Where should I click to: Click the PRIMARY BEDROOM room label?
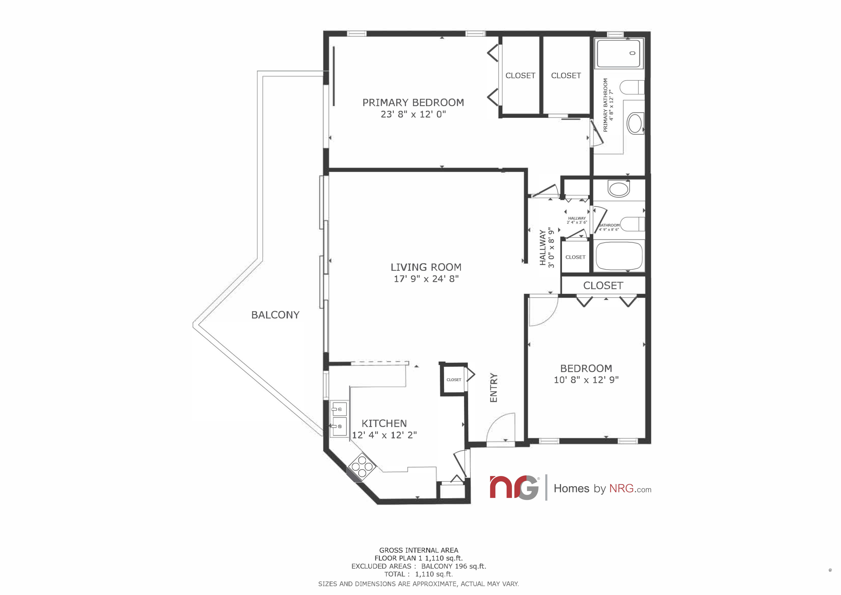pyautogui.click(x=413, y=102)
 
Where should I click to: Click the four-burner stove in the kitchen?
pyautogui.click(x=362, y=467)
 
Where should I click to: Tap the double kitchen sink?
pyautogui.click(x=339, y=418)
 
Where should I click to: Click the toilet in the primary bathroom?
pyautogui.click(x=632, y=88)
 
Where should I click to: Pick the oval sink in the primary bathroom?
pyautogui.click(x=635, y=123)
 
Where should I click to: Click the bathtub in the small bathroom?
pyautogui.click(x=619, y=256)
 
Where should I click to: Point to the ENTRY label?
pyautogui.click(x=494, y=388)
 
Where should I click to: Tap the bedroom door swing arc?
pyautogui.click(x=547, y=315)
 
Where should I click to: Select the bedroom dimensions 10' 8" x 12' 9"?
pyautogui.click(x=586, y=380)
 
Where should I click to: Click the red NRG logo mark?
pyautogui.click(x=514, y=487)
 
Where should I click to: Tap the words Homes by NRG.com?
pyautogui.click(x=602, y=488)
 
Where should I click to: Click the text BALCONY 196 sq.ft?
pyautogui.click(x=454, y=566)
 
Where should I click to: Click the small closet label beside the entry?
pyautogui.click(x=454, y=380)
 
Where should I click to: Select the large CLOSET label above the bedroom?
pyautogui.click(x=603, y=286)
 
